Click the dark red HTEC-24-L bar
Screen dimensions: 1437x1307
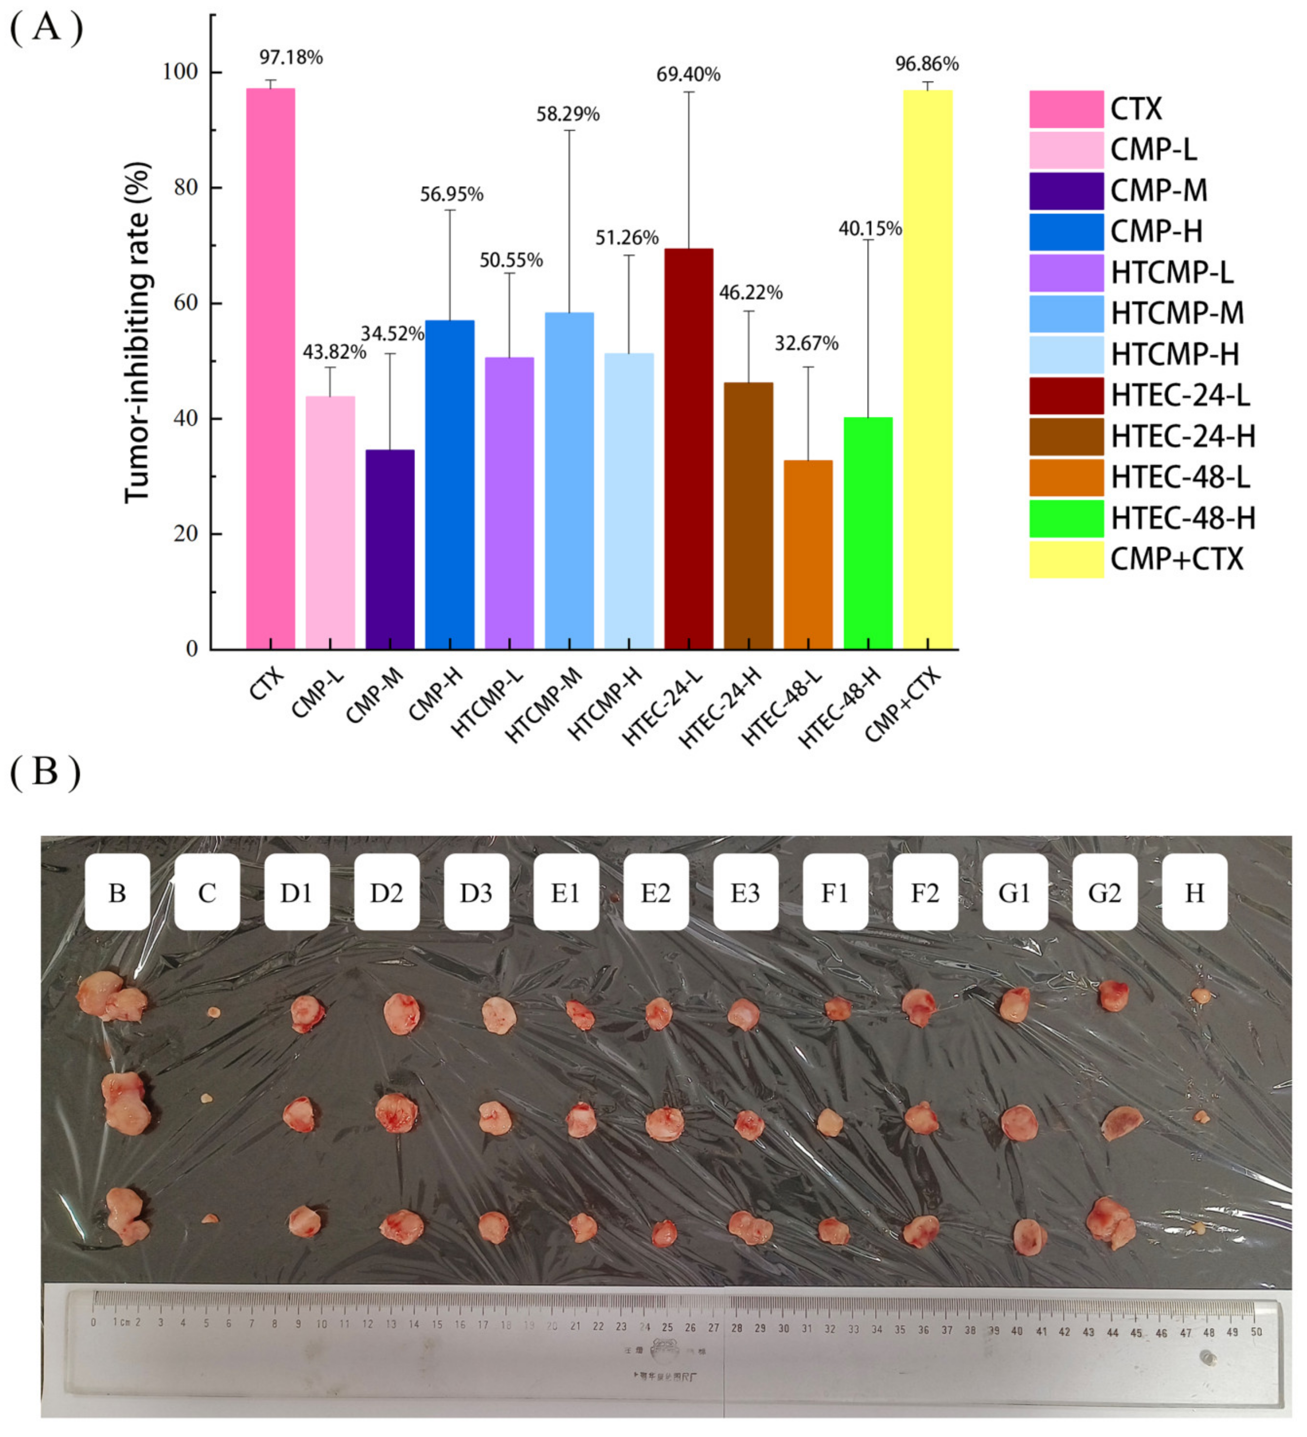click(x=688, y=449)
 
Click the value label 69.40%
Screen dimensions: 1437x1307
click(x=688, y=74)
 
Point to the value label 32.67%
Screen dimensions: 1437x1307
click(x=807, y=344)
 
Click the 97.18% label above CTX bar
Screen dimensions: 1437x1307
click(x=291, y=57)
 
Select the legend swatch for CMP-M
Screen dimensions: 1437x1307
click(x=1066, y=190)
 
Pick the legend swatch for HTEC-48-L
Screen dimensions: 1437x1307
click(x=1066, y=477)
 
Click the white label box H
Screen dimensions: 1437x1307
click(x=1195, y=892)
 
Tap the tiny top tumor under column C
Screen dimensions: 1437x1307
click(x=212, y=1012)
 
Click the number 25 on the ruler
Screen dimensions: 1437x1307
click(x=667, y=1328)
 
